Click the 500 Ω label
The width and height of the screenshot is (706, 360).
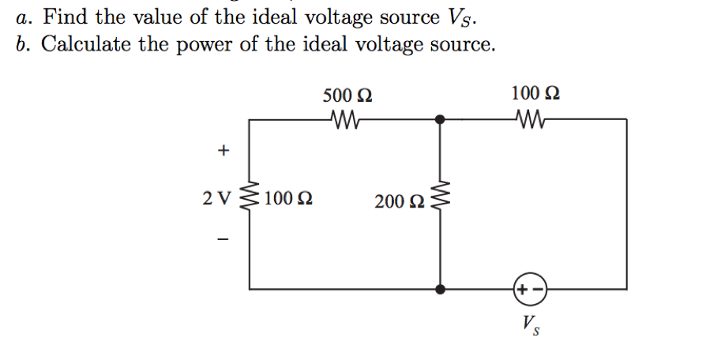(x=347, y=96)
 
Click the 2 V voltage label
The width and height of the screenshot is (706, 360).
(x=216, y=198)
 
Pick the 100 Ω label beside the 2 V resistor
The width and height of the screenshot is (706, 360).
(x=288, y=198)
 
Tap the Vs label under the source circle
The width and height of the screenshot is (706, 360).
(x=529, y=324)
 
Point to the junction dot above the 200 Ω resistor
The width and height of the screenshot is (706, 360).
(x=441, y=119)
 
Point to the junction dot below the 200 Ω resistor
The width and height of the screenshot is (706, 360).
(x=441, y=289)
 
